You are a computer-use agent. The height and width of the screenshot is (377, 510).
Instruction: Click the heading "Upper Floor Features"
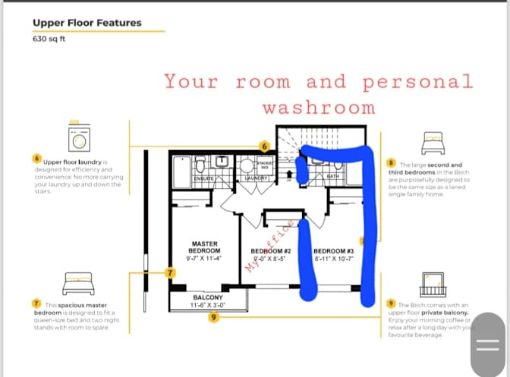87,23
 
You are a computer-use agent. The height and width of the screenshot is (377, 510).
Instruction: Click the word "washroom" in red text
318,107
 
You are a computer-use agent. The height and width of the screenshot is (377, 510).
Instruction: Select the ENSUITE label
203,178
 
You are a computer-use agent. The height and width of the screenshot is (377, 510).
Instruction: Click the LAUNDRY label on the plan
257,178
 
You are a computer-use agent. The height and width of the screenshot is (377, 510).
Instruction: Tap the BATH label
333,177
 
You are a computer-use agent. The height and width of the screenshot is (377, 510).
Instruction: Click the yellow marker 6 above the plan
265,145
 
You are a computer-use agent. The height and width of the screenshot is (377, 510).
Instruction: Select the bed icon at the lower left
78,283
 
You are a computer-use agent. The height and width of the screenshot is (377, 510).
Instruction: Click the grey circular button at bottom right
486,344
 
